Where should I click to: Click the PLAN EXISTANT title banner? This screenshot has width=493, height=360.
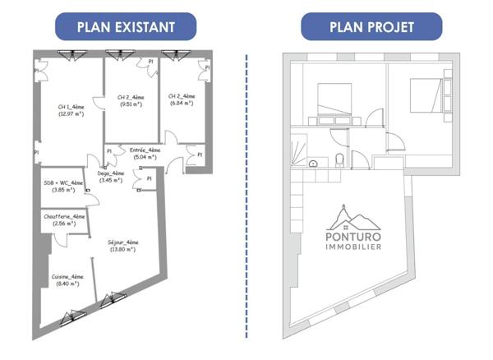click(x=126, y=26)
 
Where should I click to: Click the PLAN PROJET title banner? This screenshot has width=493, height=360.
click(x=371, y=26)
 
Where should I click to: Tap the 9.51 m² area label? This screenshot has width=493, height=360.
click(x=131, y=104)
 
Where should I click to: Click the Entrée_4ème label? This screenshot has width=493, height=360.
click(x=145, y=150)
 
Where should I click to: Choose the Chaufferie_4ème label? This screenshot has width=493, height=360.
click(x=63, y=216)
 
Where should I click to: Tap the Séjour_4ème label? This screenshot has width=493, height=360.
click(x=122, y=242)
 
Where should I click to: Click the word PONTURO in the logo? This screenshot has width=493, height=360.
click(x=353, y=234)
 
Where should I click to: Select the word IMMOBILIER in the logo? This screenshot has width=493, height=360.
click(x=353, y=246)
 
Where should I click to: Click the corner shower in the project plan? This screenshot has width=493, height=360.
click(x=297, y=150)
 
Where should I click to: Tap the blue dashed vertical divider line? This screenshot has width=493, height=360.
click(x=246, y=197)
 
